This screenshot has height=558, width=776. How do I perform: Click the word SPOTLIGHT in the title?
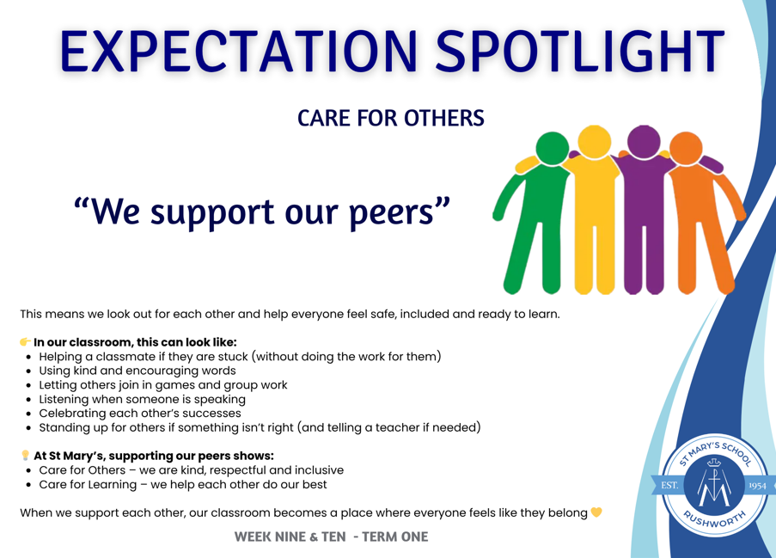coord(579,51)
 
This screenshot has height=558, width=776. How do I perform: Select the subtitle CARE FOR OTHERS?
coord(390,119)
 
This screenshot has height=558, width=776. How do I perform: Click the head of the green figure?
coord(553,148)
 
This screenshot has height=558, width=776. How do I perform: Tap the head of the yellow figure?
coord(595,142)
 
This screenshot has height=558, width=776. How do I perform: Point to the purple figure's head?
coord(644,142)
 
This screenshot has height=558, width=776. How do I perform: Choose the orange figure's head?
coord(686,148)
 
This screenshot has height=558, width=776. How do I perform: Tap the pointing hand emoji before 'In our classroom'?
coord(25,341)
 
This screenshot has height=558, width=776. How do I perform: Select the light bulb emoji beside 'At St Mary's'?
coord(25,455)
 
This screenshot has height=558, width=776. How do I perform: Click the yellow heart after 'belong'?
coord(596,512)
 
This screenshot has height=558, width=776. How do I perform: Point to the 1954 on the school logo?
coord(757,486)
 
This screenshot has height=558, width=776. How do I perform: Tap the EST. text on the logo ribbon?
coord(669,485)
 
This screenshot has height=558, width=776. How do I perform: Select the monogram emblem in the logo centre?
coord(713,482)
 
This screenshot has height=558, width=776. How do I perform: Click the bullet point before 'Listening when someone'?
coord(28,400)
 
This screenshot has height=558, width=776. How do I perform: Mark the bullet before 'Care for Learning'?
coord(28,485)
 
